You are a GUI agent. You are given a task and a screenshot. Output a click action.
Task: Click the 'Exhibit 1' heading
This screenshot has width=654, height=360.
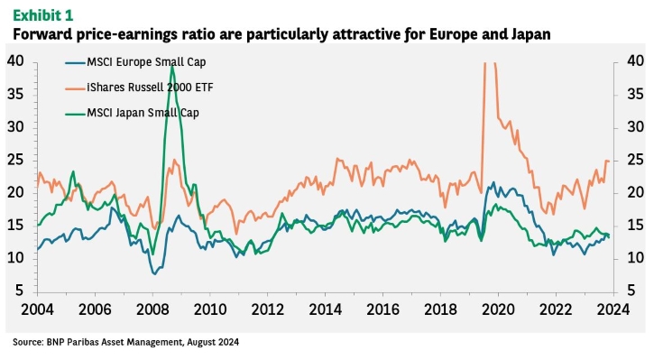pyautogui.click(x=43, y=15)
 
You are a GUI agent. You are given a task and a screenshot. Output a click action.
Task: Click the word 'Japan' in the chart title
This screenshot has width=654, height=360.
pyautogui.click(x=531, y=34)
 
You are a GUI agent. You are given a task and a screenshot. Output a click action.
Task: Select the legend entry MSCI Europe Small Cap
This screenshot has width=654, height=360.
pyautogui.click(x=135, y=62)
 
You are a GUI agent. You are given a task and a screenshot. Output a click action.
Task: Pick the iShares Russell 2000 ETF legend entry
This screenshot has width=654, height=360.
pyautogui.click(x=139, y=88)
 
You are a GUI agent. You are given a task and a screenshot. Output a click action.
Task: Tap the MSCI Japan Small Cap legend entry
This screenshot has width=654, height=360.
pyautogui.click(x=133, y=113)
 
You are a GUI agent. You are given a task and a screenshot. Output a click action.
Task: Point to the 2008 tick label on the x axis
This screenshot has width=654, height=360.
pyautogui.click(x=152, y=309)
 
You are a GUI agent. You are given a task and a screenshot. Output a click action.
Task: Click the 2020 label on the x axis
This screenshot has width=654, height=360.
pyautogui.click(x=498, y=309)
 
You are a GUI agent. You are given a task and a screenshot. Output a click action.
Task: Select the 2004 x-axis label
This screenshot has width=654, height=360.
pyautogui.click(x=37, y=309)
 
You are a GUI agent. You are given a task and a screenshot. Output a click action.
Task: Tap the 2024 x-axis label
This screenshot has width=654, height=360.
pyautogui.click(x=613, y=309)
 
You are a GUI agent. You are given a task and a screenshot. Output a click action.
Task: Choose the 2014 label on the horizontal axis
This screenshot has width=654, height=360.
pyautogui.click(x=325, y=309)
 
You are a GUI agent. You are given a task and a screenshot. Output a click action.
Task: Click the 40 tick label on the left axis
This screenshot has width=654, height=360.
pyautogui.click(x=16, y=61)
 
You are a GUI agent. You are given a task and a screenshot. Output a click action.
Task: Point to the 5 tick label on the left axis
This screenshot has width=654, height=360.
pyautogui.click(x=20, y=291)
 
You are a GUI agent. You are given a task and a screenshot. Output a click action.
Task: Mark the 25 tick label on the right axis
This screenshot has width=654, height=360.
pyautogui.click(x=635, y=161)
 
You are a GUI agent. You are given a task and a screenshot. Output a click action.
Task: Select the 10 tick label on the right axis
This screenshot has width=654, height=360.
pyautogui.click(x=635, y=258)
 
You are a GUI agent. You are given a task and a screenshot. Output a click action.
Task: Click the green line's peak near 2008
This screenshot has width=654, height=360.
pyautogui.click(x=172, y=67)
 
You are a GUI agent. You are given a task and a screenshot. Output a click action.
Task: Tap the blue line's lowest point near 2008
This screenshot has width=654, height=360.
pyautogui.click(x=154, y=274)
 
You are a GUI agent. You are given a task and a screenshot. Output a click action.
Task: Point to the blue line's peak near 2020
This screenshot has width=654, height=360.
pyautogui.click(x=493, y=182)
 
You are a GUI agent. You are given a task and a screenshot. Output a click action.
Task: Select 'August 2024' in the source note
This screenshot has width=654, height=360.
pyautogui.click(x=213, y=343)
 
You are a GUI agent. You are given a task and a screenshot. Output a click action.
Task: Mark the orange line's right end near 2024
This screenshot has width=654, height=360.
pyautogui.click(x=609, y=162)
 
